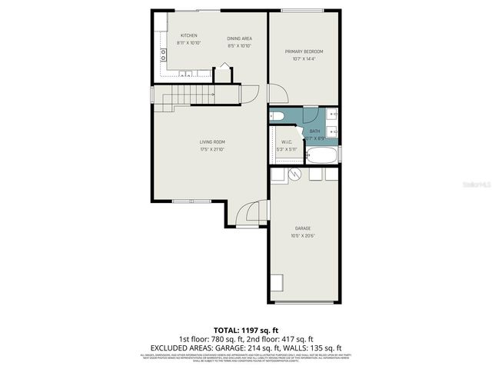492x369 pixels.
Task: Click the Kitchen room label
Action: point(188,36)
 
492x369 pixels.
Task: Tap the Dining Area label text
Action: point(239,38)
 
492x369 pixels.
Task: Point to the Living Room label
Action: point(212,141)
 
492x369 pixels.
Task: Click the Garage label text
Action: point(303,228)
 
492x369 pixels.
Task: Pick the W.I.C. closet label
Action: point(287,141)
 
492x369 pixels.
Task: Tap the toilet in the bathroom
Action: point(277,116)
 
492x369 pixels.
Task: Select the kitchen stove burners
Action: point(163,54)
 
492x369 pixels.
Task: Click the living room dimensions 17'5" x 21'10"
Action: point(212,148)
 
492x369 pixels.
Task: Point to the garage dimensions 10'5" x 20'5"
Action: point(304,235)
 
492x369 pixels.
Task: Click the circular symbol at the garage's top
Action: point(295,175)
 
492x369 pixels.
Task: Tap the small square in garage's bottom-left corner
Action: point(277,281)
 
